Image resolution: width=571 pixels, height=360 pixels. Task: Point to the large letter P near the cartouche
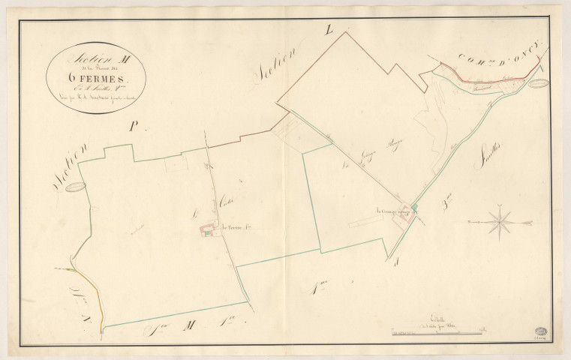[x=134, y=127]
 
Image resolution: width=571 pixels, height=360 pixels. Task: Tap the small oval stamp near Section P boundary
[x=74, y=187]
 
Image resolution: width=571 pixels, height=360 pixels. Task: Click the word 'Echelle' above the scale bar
[x=434, y=318]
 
